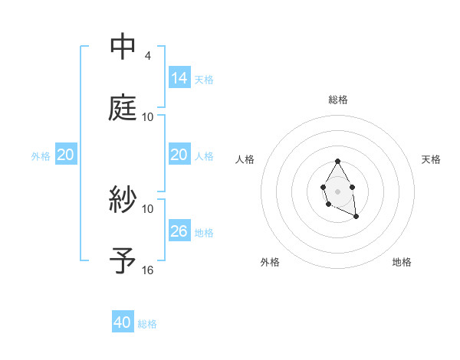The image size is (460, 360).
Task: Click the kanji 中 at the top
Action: point(123,47)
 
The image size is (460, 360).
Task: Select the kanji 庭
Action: point(123,107)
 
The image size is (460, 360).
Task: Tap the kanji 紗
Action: point(123,200)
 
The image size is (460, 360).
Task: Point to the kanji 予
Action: point(123,260)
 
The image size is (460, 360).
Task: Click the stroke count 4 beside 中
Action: point(147,55)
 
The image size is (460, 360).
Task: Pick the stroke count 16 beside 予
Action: point(148,270)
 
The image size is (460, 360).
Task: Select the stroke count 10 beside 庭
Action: point(148,116)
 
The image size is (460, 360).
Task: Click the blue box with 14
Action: point(179,77)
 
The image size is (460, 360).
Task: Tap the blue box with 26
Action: point(179,231)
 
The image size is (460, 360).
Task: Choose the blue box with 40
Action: point(123,322)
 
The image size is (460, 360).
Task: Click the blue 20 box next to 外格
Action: point(66,155)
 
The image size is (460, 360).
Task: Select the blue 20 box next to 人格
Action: point(179,155)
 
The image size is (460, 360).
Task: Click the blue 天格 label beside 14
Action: point(204,79)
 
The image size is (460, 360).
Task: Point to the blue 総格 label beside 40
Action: point(147,324)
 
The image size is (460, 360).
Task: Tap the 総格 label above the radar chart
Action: point(338,100)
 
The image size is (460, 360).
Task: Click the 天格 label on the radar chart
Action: point(431,159)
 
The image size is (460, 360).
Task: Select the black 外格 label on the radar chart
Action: point(270,262)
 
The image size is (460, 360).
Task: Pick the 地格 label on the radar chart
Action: point(402,262)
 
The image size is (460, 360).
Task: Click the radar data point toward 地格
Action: point(356,218)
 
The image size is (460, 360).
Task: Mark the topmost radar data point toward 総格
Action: point(337,162)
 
